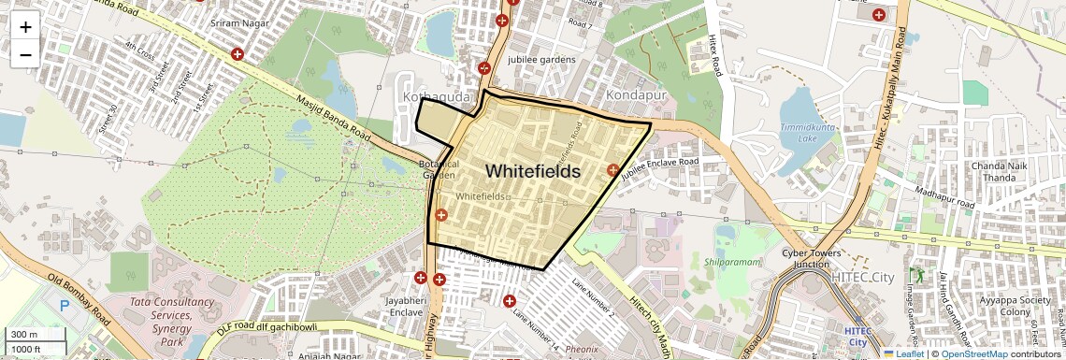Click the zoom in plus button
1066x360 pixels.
pos(25,27)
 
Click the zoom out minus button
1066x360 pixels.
pos(25,54)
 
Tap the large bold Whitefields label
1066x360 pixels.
pos(533,172)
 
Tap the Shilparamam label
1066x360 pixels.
pos(736,263)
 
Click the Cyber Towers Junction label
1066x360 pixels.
pos(811,259)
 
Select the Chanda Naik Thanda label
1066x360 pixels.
pos(1001,172)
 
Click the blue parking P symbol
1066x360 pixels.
pos(65,305)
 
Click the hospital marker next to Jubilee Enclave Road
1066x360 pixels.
pos(613,170)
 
